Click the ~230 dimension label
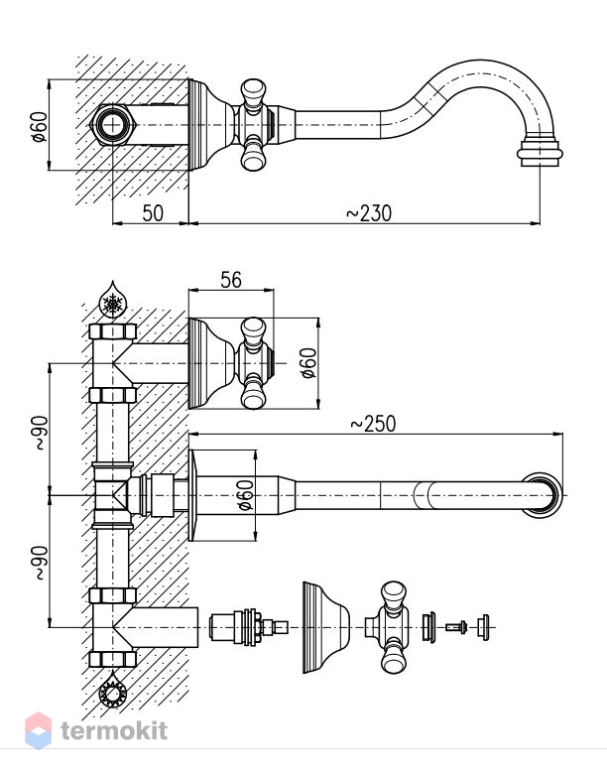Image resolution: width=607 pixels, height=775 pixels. point(368,213)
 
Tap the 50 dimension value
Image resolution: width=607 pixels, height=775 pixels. point(153,213)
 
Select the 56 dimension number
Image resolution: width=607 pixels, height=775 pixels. point(231,280)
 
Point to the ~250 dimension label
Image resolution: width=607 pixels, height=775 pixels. point(373,424)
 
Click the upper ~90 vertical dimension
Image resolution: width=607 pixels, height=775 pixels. point(41,433)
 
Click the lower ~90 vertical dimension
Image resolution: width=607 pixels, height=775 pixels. point(41,563)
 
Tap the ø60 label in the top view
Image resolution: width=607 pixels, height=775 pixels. point(39,127)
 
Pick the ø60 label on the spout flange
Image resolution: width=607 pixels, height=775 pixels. point(245,495)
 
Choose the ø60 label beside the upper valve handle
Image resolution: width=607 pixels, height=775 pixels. point(308,363)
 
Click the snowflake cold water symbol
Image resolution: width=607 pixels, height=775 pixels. point(113,302)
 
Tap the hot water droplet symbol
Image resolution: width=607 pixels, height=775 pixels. point(113,691)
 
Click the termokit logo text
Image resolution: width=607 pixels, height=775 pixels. point(114,730)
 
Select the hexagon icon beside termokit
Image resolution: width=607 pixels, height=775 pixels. point(38,730)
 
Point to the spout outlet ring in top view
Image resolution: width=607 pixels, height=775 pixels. point(540,153)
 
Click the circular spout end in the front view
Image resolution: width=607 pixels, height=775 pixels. point(543,495)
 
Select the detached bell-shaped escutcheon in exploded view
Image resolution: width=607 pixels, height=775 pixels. point(326,627)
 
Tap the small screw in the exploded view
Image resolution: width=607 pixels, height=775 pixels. point(456,627)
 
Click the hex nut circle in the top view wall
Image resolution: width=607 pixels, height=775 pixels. point(113,125)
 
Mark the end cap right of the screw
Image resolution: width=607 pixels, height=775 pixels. point(484,627)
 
